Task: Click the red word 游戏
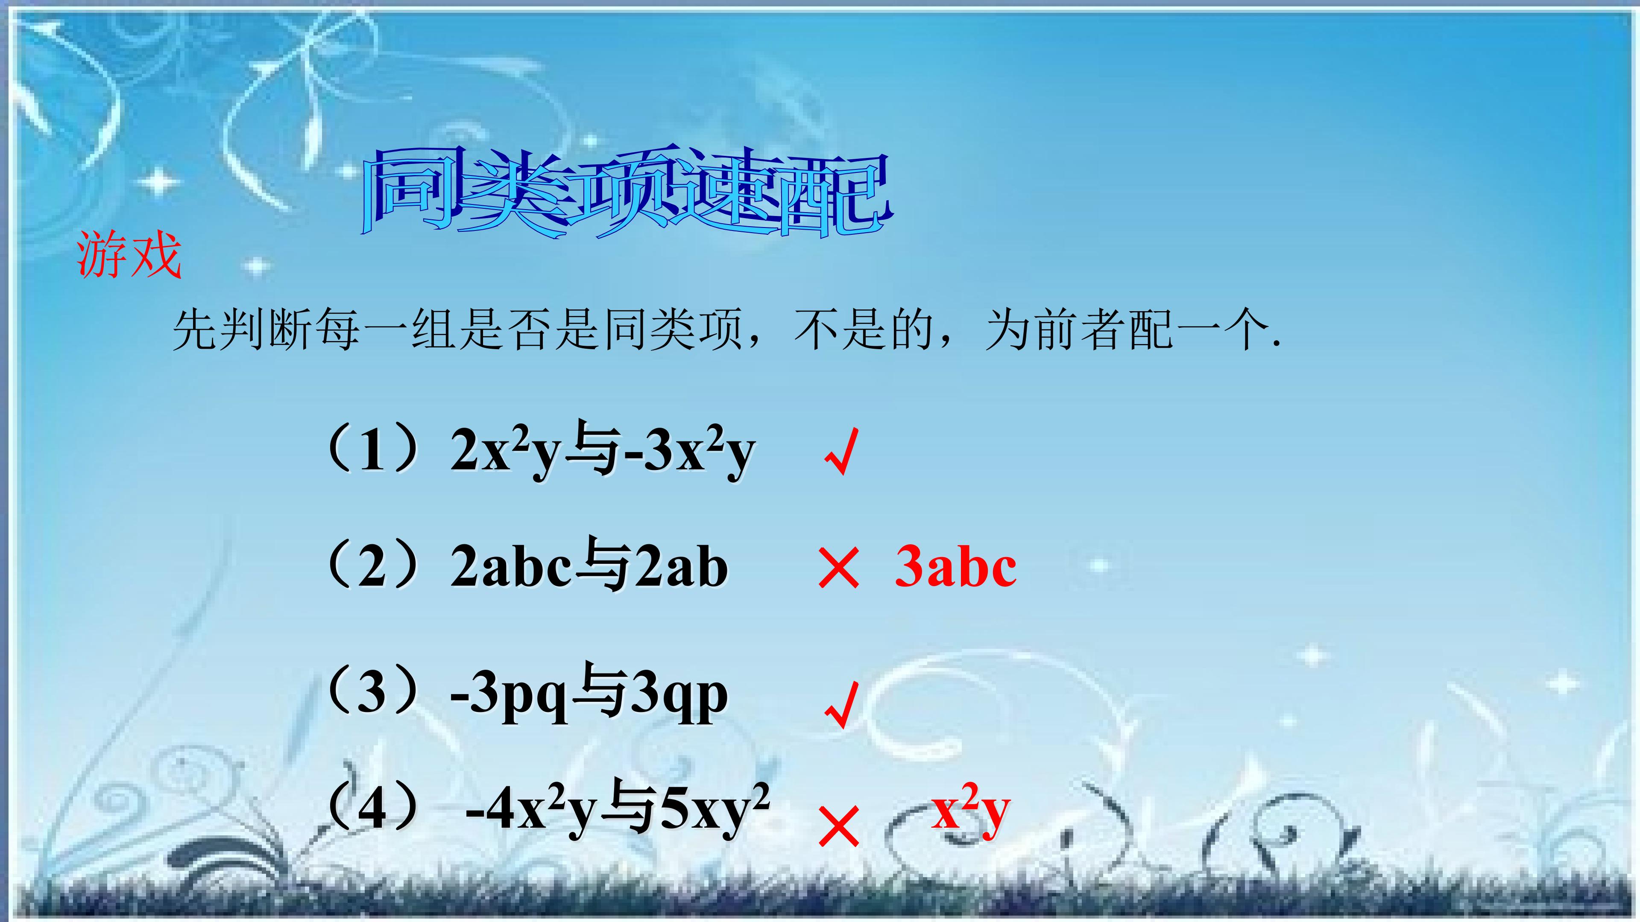tap(129, 257)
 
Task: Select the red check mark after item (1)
tap(841, 452)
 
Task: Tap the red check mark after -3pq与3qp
tap(841, 705)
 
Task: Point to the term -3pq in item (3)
tap(510, 697)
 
